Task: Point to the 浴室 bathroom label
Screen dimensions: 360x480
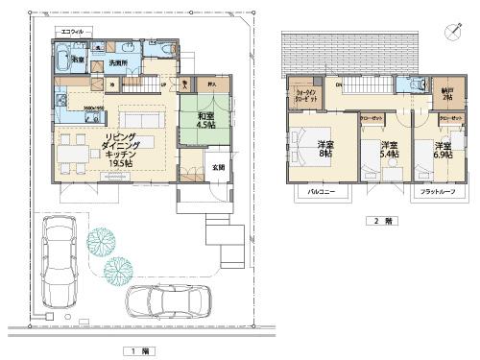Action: [x=79, y=60]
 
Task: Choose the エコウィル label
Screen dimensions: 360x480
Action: [x=72, y=31]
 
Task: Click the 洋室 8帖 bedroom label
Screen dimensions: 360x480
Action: [x=325, y=149]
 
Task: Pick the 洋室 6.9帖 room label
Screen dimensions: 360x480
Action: [x=444, y=149]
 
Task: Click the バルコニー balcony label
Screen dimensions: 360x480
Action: [x=321, y=193]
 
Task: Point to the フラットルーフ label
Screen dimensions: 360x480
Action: [x=437, y=193]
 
